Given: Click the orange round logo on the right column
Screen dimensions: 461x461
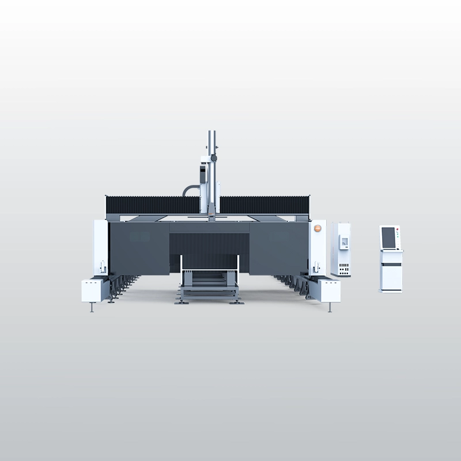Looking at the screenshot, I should [317, 228].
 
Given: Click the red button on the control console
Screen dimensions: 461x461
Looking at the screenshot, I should [398, 231].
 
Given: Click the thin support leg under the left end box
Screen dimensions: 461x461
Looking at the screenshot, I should [92, 307].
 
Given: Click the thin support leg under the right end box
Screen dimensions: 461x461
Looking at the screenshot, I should [330, 307].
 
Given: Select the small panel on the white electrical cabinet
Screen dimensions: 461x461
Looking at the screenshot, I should [344, 242].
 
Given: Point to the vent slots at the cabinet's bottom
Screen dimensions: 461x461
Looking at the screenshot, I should [344, 269].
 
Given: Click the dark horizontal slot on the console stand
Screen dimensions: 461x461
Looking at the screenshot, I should [391, 264].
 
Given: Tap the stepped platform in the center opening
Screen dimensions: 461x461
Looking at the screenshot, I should [209, 282].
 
